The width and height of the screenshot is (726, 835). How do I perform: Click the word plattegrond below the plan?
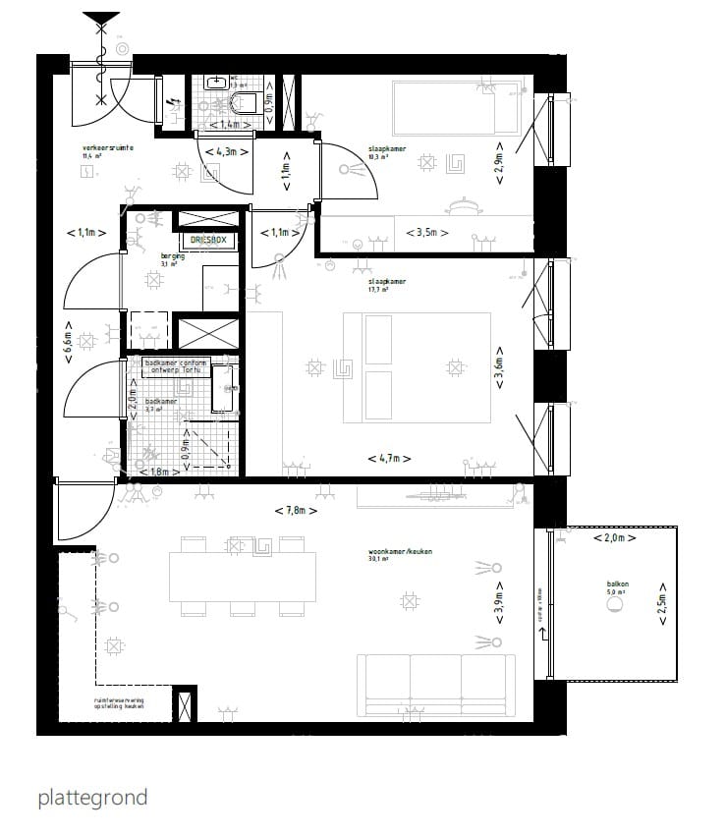(92, 797)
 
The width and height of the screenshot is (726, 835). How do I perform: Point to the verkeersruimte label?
(108, 148)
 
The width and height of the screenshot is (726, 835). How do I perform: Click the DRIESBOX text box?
(208, 240)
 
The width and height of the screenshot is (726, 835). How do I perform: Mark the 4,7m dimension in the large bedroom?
(388, 459)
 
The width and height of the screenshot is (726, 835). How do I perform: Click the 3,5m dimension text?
(427, 233)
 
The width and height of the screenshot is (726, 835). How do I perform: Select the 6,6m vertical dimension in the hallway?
(68, 343)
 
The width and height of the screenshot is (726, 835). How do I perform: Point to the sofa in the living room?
(435, 687)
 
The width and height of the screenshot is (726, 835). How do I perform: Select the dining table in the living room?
(243, 577)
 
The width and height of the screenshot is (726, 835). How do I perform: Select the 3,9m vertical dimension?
(499, 609)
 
